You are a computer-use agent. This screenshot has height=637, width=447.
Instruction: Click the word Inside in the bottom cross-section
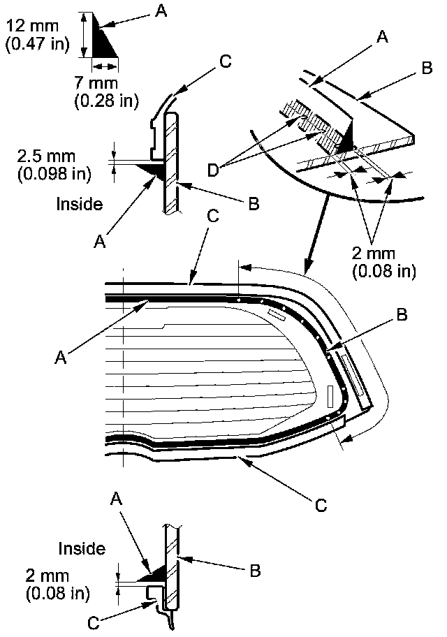tap(82, 549)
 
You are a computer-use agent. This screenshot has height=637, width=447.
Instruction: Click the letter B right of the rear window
tap(400, 316)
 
